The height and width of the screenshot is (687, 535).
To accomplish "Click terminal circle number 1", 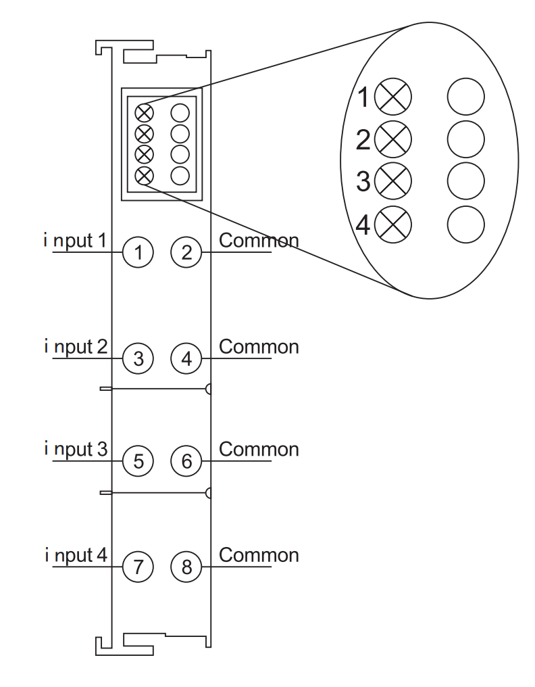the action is tap(138, 252).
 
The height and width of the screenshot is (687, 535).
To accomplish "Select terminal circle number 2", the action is tap(186, 252).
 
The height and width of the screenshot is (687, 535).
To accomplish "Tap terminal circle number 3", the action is tap(138, 358).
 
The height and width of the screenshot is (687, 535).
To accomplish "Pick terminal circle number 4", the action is tap(186, 358).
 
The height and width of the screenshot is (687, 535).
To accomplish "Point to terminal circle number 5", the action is tap(138, 461).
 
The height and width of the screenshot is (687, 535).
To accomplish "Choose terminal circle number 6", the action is tap(186, 461).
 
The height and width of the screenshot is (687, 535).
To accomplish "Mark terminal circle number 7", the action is tap(138, 567).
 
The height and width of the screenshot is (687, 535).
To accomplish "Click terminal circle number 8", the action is tap(186, 567).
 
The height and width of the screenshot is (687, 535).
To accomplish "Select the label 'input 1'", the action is tap(75, 241).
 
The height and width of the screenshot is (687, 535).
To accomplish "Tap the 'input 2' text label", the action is tap(76, 348).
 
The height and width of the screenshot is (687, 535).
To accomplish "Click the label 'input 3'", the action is tap(76, 450).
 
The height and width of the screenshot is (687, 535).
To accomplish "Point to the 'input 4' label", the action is tap(76, 556).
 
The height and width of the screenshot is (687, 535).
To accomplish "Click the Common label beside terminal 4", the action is tap(259, 347).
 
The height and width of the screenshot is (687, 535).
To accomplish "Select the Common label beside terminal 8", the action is tap(259, 555).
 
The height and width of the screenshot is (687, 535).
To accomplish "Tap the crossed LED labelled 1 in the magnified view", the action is tap(393, 97).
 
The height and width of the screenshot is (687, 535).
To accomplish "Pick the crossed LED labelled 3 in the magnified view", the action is tap(393, 181).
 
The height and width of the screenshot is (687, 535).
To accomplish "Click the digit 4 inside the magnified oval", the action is tap(363, 225).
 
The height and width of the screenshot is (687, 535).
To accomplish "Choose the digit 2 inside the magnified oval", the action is tap(363, 140).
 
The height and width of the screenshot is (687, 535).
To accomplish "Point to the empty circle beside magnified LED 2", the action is tap(466, 139).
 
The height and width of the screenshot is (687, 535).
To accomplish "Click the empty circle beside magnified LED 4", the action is tap(466, 224).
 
